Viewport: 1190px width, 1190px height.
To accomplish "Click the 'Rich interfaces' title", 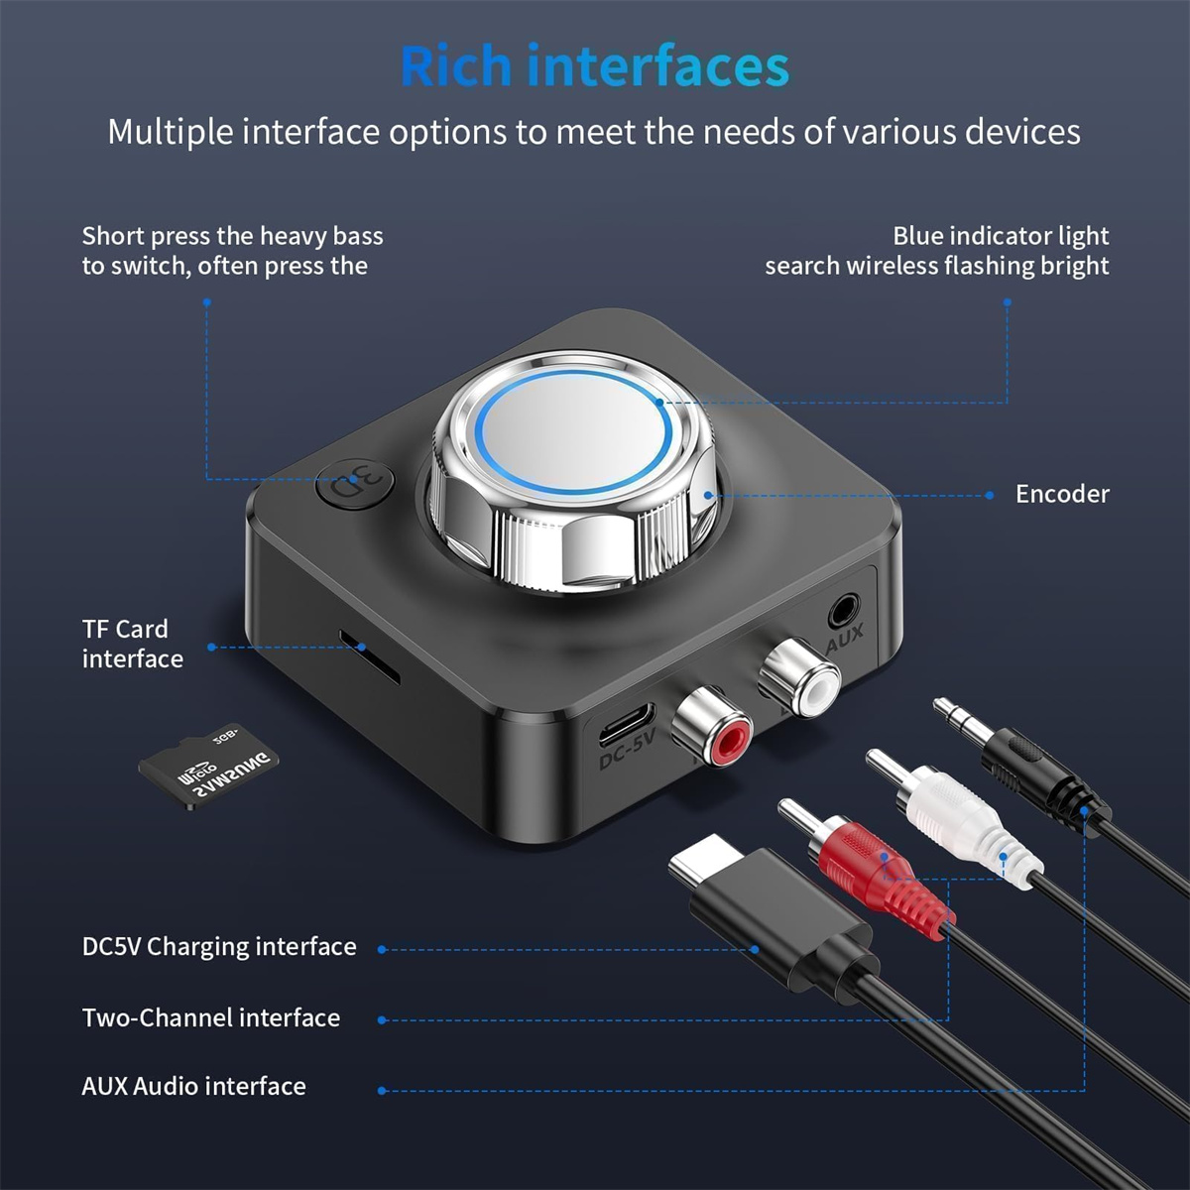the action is click(595, 65).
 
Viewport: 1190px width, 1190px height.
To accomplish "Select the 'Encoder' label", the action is click(1062, 494).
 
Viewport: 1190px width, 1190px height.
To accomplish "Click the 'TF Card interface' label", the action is click(132, 645).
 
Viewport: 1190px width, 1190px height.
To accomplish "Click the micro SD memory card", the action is click(208, 766).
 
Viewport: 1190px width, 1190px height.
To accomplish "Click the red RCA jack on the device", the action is click(710, 728).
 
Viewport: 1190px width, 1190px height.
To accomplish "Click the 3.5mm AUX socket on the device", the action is click(843, 613).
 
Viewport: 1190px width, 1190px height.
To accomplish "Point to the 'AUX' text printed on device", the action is click(844, 639).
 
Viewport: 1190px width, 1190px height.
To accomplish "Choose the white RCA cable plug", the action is click(954, 816).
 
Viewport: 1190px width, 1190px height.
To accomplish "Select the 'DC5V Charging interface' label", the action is click(219, 947).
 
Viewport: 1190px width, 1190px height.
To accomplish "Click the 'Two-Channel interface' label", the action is click(211, 1017).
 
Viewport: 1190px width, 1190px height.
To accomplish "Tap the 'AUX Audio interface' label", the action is click(194, 1086).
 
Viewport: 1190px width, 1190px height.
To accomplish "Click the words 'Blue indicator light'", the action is click(1001, 236).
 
